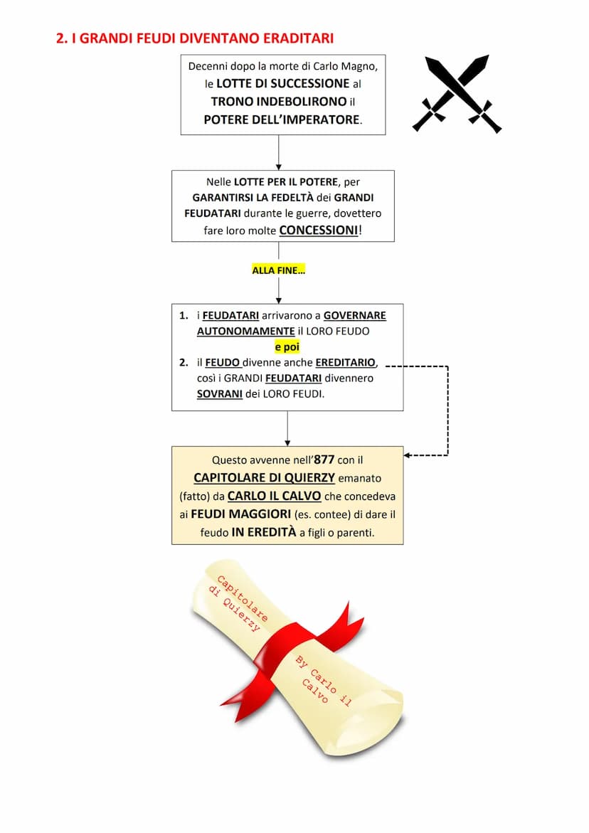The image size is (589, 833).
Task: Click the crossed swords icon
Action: tap(457, 93)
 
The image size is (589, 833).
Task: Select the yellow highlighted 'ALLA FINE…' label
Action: tap(278, 270)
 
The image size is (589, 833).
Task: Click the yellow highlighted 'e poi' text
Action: tap(287, 347)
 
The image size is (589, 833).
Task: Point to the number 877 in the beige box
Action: tap(324, 460)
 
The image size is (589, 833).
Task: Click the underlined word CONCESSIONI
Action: tap(319, 230)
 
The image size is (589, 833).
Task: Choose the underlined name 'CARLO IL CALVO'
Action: tap(274, 496)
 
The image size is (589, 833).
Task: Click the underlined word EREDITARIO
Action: tap(346, 363)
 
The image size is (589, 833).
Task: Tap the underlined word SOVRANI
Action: tap(220, 393)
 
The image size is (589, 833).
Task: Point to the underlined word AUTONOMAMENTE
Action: tap(245, 331)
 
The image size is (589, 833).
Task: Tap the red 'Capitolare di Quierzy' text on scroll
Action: tap(238, 600)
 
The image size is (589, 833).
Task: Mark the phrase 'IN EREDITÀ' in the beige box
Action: tap(263, 532)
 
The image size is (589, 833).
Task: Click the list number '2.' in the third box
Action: tap(184, 363)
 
